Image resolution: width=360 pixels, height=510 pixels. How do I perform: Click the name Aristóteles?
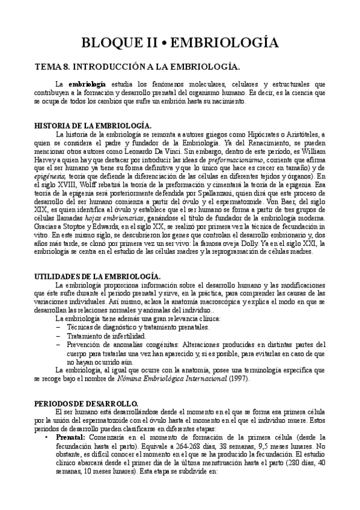click(x=304, y=134)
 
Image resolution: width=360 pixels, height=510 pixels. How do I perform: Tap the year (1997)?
click(x=238, y=379)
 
